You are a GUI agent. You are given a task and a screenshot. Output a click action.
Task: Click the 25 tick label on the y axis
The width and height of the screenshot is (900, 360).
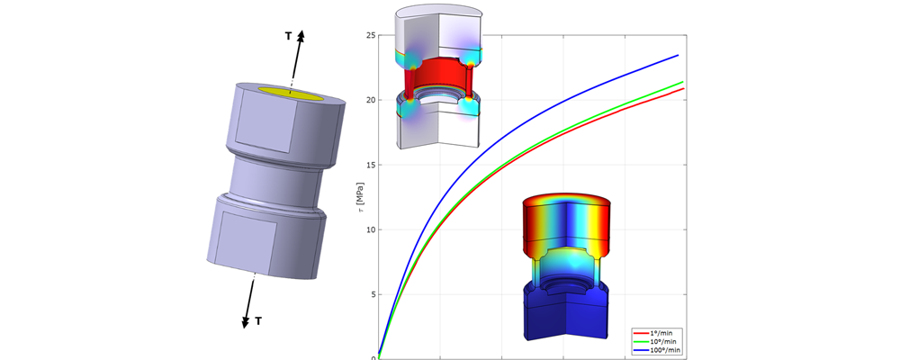tap(371, 35)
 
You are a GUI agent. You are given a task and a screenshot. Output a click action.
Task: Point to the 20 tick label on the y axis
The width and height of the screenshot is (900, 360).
tap(371, 100)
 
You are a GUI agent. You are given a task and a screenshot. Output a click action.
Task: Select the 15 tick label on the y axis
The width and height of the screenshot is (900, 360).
tap(371, 165)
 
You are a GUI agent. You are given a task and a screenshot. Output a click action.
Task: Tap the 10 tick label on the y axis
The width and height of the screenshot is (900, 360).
tap(371, 229)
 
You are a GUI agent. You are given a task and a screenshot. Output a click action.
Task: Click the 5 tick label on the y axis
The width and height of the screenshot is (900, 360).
tap(373, 294)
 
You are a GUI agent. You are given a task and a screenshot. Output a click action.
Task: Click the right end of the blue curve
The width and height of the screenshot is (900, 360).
tap(679, 55)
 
